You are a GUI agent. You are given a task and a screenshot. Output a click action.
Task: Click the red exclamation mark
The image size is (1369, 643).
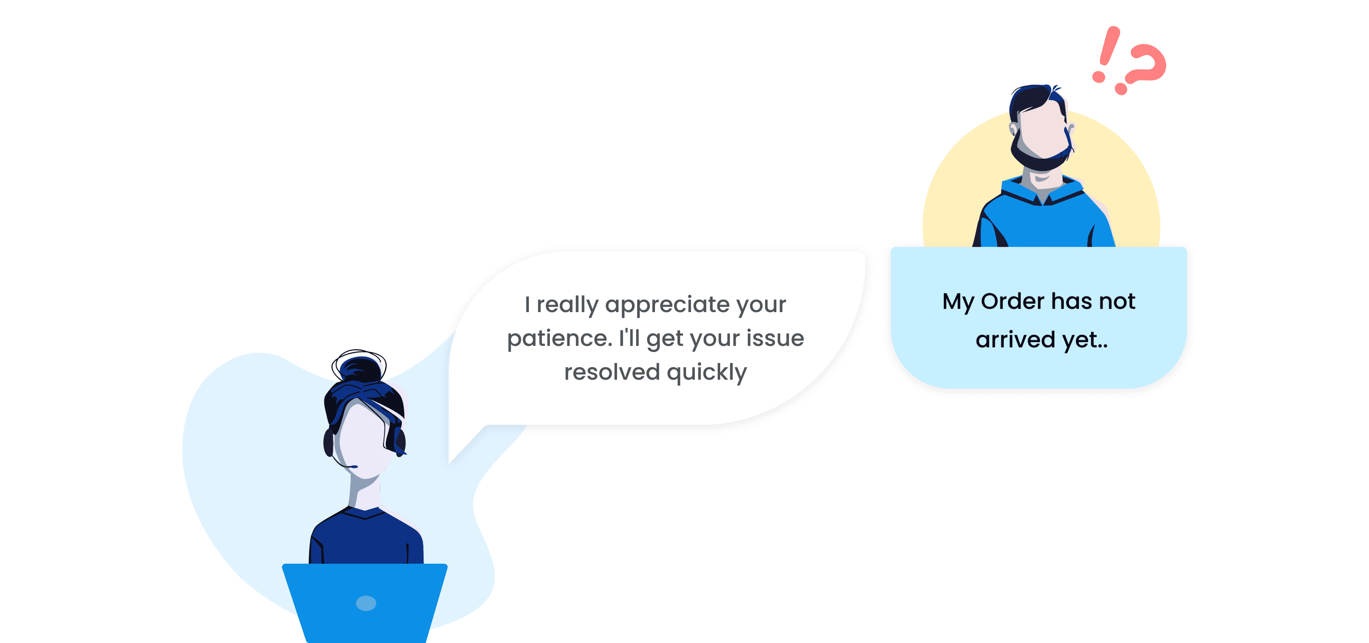coord(1106,53)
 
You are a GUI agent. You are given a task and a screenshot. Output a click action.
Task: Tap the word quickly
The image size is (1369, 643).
coord(707,372)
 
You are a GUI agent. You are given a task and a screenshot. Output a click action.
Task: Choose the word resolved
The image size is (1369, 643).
coord(612,372)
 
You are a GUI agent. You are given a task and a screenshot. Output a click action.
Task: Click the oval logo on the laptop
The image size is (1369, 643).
coord(366,603)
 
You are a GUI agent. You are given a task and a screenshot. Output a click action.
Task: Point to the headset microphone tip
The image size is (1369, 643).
coord(354,467)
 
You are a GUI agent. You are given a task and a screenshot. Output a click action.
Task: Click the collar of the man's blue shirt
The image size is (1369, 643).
coord(1043,191)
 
